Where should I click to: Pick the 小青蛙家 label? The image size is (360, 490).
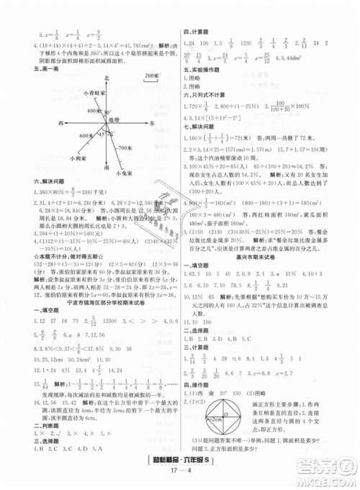94,94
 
